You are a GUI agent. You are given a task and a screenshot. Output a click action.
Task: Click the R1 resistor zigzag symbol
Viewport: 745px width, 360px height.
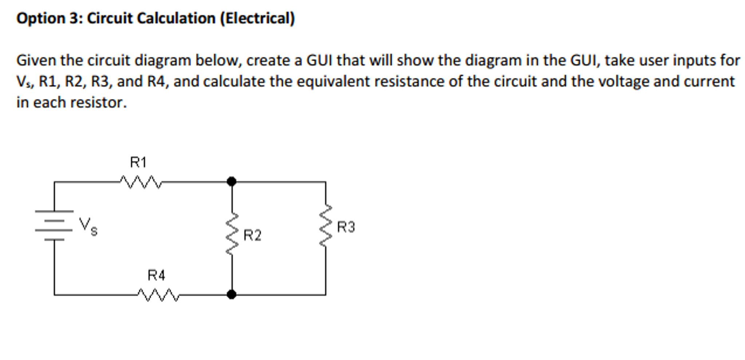[141, 182]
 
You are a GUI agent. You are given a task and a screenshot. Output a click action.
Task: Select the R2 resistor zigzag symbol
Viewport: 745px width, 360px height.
[232, 234]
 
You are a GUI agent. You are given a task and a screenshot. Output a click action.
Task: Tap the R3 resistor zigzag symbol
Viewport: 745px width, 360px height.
[326, 225]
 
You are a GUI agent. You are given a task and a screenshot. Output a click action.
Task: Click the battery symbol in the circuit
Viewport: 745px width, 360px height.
[54, 225]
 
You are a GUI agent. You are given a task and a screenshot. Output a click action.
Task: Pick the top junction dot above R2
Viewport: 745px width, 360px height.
[232, 181]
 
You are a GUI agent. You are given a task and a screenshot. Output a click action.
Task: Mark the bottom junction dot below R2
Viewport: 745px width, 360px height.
[232, 294]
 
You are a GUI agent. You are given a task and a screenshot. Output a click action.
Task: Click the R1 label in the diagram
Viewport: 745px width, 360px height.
[138, 162]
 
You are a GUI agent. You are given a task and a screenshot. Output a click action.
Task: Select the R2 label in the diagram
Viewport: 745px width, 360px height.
[252, 236]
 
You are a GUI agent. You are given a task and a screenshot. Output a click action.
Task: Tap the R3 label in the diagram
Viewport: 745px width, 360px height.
[346, 227]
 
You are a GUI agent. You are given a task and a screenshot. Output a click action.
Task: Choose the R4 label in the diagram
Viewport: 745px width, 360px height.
[156, 276]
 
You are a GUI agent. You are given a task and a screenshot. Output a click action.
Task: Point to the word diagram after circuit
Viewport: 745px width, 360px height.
[162, 61]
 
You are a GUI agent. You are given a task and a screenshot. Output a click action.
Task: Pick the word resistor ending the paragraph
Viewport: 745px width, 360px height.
[98, 103]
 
